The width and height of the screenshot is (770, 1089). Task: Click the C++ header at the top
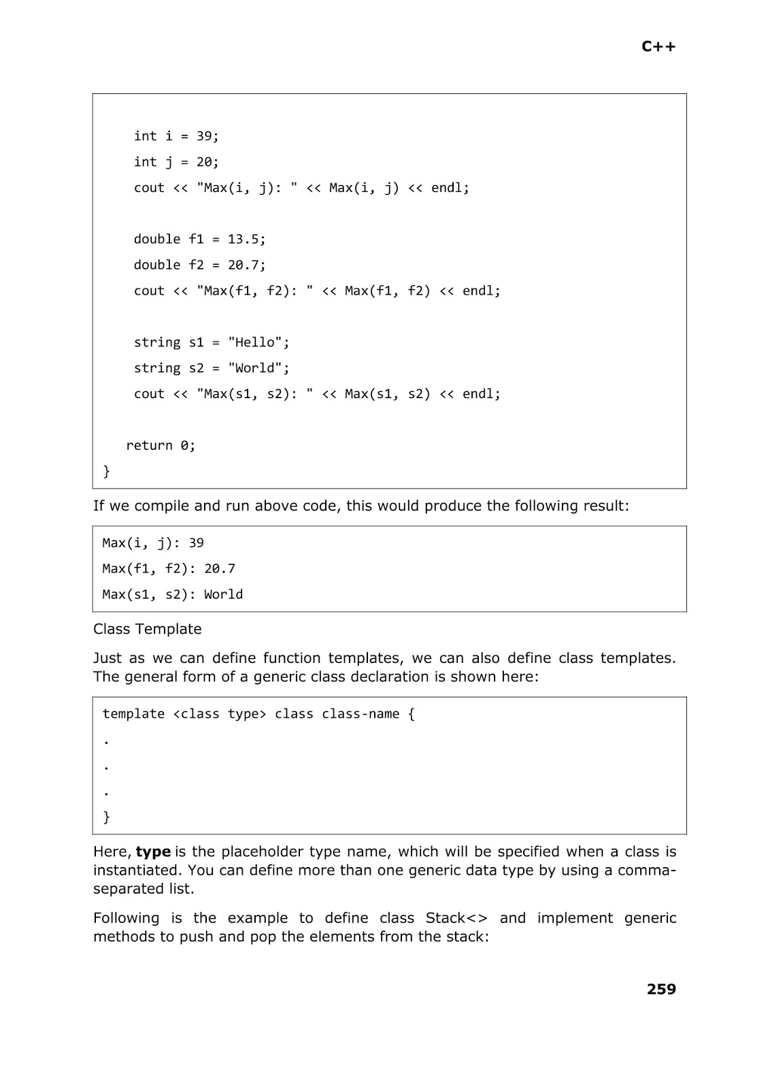click(x=658, y=46)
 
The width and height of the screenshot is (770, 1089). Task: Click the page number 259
click(x=661, y=989)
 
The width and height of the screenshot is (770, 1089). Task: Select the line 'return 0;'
click(x=161, y=446)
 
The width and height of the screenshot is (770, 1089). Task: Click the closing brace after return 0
click(x=106, y=471)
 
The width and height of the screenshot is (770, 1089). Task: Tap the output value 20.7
click(x=220, y=569)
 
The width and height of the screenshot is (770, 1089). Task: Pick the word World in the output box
click(x=223, y=595)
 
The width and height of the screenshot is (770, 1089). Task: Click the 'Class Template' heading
click(x=147, y=629)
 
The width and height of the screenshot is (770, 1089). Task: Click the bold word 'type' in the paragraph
click(x=153, y=852)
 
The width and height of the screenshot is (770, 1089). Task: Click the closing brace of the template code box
click(x=106, y=817)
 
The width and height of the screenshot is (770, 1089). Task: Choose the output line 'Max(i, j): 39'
click(x=153, y=543)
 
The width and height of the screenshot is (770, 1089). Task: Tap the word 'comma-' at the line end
click(x=646, y=871)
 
